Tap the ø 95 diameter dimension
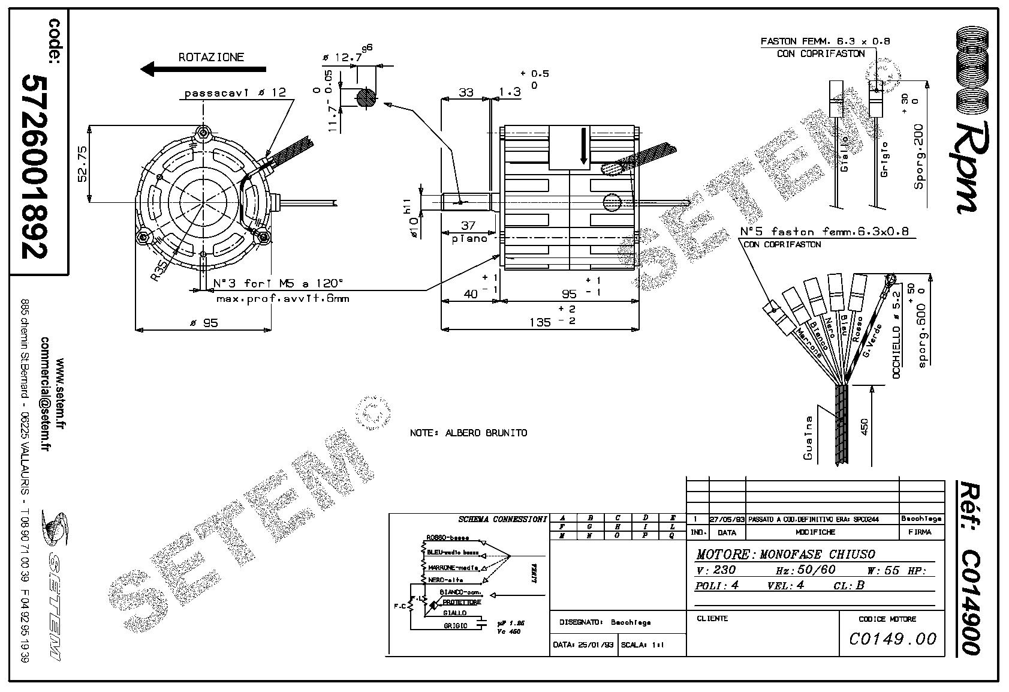tap(204, 323)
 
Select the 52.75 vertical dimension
tap(82, 164)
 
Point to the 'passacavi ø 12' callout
tap(235, 92)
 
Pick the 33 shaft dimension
tap(465, 92)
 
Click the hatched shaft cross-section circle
tap(366, 98)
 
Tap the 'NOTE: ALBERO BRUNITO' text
tap(468, 433)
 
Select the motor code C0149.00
tap(892, 639)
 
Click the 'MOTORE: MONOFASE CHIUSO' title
tap(785, 554)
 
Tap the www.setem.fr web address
tap(60, 394)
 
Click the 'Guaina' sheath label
tap(808, 438)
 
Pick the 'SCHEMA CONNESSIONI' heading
tap(502, 519)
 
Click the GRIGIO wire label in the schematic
tap(456, 625)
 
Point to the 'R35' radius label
tap(158, 270)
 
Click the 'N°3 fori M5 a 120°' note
tap(279, 283)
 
